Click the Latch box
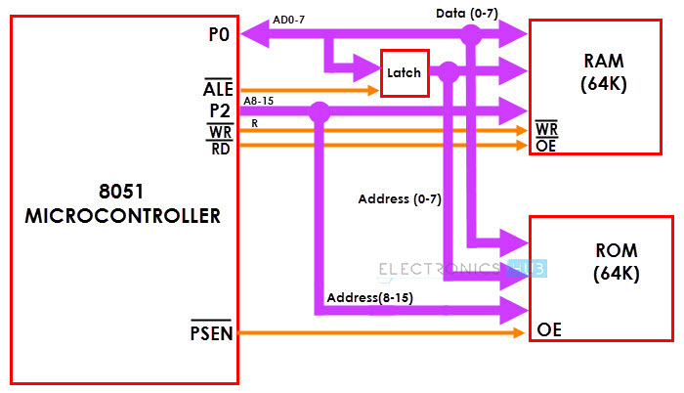pyautogui.click(x=405, y=73)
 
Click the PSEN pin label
pyautogui.click(x=211, y=334)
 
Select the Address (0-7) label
pyautogui.click(x=400, y=198)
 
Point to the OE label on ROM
pyautogui.click(x=548, y=332)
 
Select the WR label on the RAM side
pyautogui.click(x=546, y=129)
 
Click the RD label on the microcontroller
pyautogui.click(x=219, y=148)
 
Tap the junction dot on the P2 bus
pyautogui.click(x=319, y=111)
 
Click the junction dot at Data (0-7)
pyautogui.click(x=471, y=35)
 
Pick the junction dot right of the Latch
pyautogui.click(x=449, y=71)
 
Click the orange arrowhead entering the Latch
pyautogui.click(x=373, y=90)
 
